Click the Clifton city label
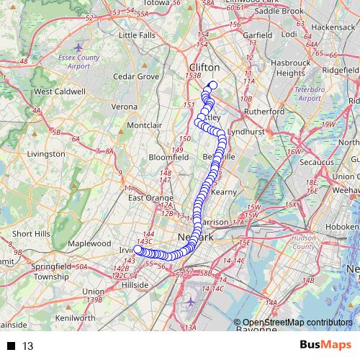[x=202, y=66]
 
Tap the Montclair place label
[x=145, y=125]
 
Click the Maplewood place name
[x=89, y=244]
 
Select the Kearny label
[x=223, y=192]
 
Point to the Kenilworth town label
[x=76, y=318]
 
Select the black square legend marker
[x=11, y=346]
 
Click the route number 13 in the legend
[x=28, y=346]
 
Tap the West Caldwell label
[x=60, y=91]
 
